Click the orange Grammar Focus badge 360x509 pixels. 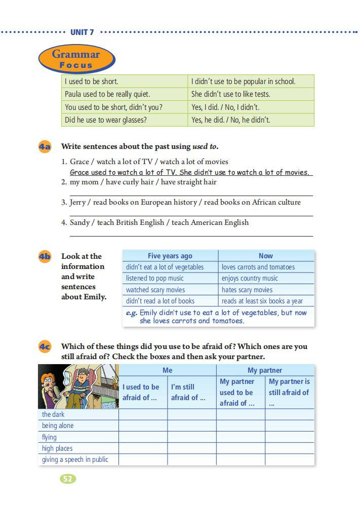(x=76, y=59)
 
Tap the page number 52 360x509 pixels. (x=68, y=479)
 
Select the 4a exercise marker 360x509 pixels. (x=45, y=147)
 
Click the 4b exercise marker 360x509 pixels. (x=45, y=256)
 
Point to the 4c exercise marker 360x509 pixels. (x=45, y=347)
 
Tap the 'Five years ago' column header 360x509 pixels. (x=170, y=256)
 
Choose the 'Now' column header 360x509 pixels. (x=265, y=256)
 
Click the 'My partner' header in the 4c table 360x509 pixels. (x=265, y=370)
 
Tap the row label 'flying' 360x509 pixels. (x=50, y=437)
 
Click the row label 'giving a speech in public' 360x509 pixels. (x=75, y=460)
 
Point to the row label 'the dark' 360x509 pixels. (x=53, y=414)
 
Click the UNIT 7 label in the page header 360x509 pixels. (x=82, y=32)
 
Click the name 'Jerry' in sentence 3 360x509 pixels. (x=77, y=202)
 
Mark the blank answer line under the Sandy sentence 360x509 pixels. (x=191, y=235)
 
